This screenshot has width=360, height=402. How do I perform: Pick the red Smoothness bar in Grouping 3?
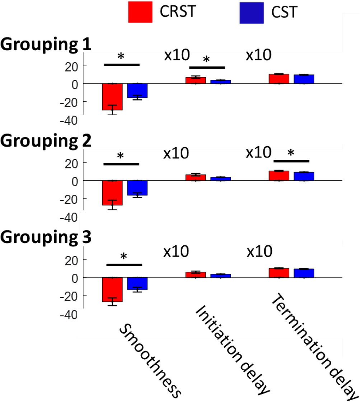tap(112, 289)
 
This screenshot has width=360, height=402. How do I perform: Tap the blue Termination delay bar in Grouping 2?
tap(304, 176)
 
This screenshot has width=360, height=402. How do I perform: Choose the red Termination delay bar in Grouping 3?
tap(279, 273)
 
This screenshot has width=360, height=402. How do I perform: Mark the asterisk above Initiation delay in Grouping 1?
tap(206, 60)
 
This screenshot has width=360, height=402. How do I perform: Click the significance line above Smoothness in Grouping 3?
tap(124, 265)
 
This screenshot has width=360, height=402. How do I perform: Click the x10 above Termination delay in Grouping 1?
tap(258, 56)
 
